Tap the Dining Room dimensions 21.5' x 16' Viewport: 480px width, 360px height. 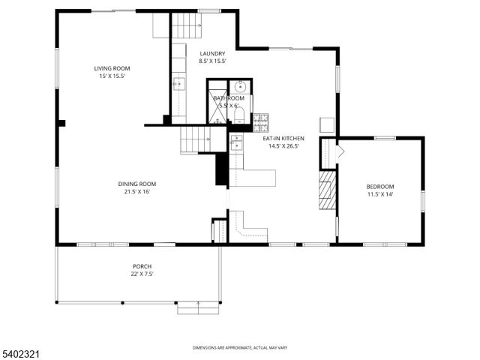(136, 192)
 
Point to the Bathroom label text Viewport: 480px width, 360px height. (228, 98)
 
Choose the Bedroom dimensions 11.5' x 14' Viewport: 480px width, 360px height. (379, 194)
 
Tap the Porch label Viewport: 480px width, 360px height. (142, 266)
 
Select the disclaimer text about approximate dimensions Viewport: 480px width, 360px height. (239, 348)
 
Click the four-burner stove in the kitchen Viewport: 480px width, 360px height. (261, 121)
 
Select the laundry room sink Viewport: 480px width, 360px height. (179, 84)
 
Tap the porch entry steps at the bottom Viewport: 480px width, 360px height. (198, 307)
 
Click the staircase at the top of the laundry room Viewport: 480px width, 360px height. (187, 28)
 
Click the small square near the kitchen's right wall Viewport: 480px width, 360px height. (328, 124)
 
